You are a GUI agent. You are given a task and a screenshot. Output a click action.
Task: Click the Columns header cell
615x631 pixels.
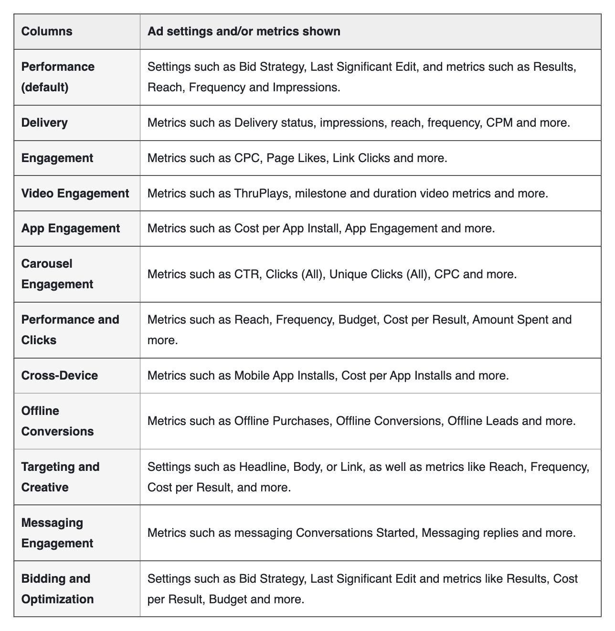[x=47, y=32]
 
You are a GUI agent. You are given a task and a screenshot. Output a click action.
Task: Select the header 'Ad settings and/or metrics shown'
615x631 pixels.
[x=244, y=32]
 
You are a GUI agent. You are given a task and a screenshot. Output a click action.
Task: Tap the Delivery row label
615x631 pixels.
[x=44, y=123]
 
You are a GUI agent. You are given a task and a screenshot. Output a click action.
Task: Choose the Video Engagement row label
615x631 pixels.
[x=75, y=194]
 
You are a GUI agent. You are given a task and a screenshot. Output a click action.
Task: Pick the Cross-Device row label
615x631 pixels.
[x=60, y=376]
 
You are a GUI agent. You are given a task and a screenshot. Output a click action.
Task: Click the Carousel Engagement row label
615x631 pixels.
[x=57, y=274]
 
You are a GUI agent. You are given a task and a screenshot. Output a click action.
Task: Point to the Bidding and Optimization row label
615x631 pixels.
[x=57, y=589]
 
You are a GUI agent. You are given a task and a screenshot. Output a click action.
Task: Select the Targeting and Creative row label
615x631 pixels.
[x=60, y=477]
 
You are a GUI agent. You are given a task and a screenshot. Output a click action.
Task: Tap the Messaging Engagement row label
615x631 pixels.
[x=57, y=533]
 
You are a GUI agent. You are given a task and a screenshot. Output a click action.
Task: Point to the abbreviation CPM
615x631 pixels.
[x=499, y=123]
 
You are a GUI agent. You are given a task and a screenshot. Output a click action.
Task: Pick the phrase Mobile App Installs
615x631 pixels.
[x=285, y=376]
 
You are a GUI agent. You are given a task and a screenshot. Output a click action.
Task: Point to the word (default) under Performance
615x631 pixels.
[x=45, y=87]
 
